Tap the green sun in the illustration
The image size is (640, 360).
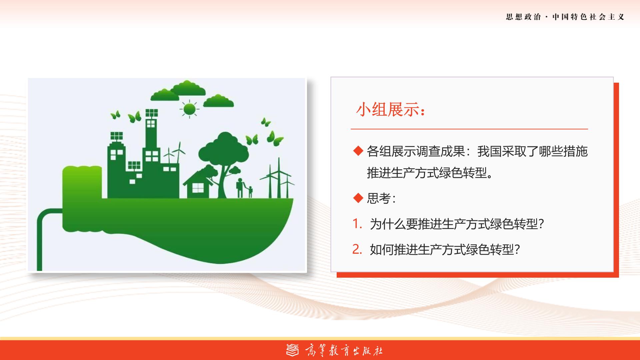pyautogui.click(x=189, y=109)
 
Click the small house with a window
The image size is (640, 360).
pyautogui.click(x=198, y=184)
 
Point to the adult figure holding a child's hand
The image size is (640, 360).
pyautogui.click(x=240, y=188)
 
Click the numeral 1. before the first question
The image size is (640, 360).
pyautogui.click(x=357, y=224)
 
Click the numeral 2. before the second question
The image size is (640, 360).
pyautogui.click(x=357, y=249)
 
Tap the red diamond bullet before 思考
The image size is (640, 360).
pyautogui.click(x=358, y=198)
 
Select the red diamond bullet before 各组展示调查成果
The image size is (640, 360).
pyautogui.click(x=358, y=151)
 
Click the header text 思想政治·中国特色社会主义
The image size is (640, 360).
pyautogui.click(x=565, y=17)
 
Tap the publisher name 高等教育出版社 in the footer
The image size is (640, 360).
pyautogui.click(x=343, y=350)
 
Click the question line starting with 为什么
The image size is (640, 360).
pyautogui.click(x=457, y=224)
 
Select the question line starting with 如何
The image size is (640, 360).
pyautogui.click(x=445, y=249)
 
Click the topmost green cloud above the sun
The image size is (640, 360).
pyautogui.click(x=188, y=88)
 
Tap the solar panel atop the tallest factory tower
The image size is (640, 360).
pyautogui.click(x=152, y=113)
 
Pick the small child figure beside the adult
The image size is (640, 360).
pyautogui.click(x=250, y=192)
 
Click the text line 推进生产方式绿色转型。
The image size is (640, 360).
pyautogui.click(x=430, y=173)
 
